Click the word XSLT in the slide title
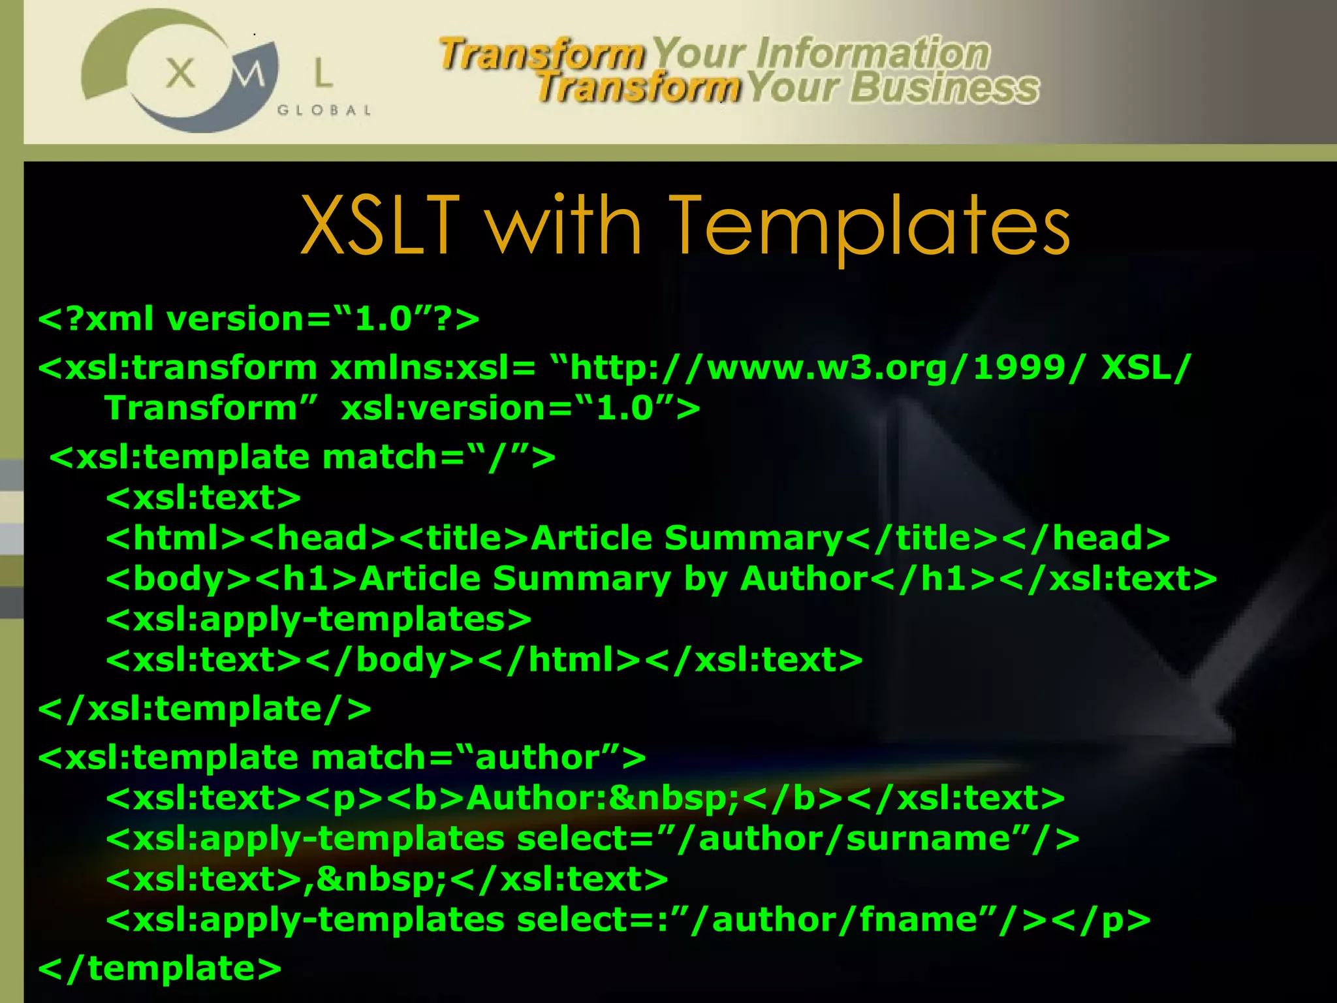[x=381, y=225]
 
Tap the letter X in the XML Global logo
[x=180, y=73]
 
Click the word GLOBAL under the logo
[x=324, y=110]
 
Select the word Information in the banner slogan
[x=873, y=54]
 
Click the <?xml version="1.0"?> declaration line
[x=259, y=319]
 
